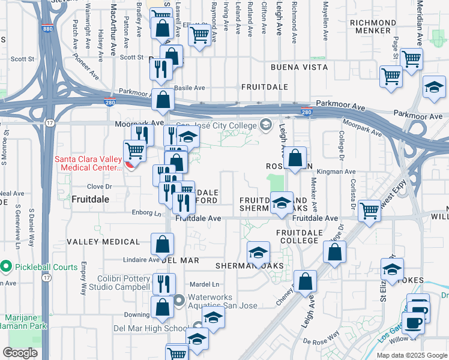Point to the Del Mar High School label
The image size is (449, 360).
[151, 329]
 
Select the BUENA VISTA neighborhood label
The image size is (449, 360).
[297, 67]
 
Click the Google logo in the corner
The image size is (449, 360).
[20, 352]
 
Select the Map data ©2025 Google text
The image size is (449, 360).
[412, 355]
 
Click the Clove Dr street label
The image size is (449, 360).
[100, 186]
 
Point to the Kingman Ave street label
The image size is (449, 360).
[342, 172]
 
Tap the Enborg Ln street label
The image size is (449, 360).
[148, 212]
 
